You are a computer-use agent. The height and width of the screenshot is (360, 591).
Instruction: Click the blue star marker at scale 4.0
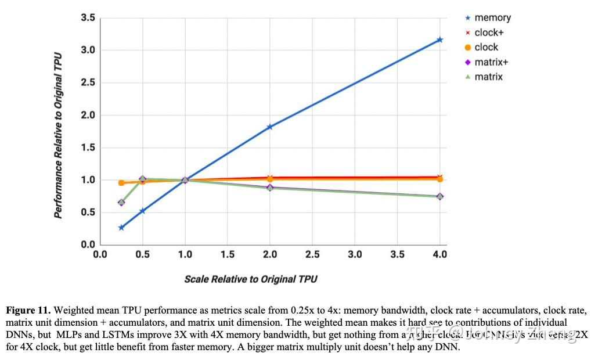(x=439, y=40)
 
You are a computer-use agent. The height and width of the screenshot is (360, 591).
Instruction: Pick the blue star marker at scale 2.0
(x=270, y=127)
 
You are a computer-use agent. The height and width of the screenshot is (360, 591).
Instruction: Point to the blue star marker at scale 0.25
(x=121, y=228)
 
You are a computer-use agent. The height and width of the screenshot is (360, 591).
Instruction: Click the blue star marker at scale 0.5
(x=142, y=211)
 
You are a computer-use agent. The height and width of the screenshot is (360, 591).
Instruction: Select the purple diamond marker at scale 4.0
(x=439, y=196)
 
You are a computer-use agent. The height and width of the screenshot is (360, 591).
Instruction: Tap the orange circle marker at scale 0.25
(x=121, y=182)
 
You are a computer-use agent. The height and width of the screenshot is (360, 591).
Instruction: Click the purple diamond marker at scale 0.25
(x=121, y=203)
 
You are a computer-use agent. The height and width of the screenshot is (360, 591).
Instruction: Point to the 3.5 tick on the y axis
(x=88, y=18)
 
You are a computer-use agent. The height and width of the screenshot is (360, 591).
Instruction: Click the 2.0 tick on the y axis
(x=88, y=115)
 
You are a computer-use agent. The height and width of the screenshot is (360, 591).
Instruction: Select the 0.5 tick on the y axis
(x=88, y=213)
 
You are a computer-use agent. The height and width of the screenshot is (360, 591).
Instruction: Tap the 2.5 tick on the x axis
(x=312, y=254)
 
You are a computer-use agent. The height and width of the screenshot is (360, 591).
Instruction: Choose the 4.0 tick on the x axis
(x=439, y=254)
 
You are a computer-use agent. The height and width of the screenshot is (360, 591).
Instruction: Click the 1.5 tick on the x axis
(x=228, y=254)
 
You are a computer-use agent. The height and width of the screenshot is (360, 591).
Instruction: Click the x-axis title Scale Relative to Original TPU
(x=251, y=279)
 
